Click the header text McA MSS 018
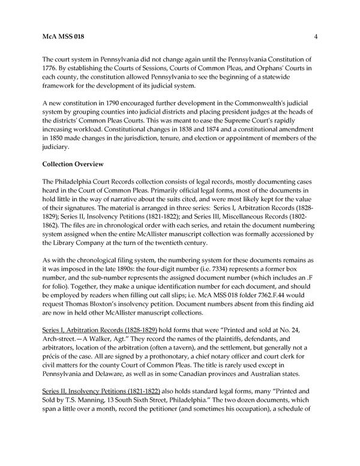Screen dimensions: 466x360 coord(63,37)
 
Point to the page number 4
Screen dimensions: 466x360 coord(316,37)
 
